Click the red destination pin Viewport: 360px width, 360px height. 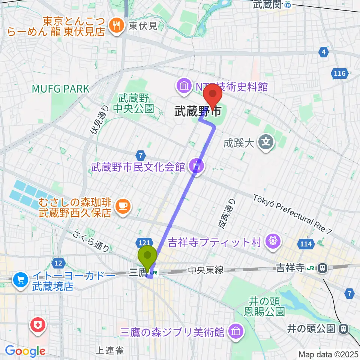pyautogui.click(x=213, y=95)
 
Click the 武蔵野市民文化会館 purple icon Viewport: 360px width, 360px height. pyautogui.click(x=196, y=165)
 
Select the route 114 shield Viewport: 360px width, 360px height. pyautogui.click(x=306, y=244)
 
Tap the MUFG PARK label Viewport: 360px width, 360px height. pyautogui.click(x=61, y=89)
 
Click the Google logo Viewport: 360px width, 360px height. pyautogui.click(x=25, y=351)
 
